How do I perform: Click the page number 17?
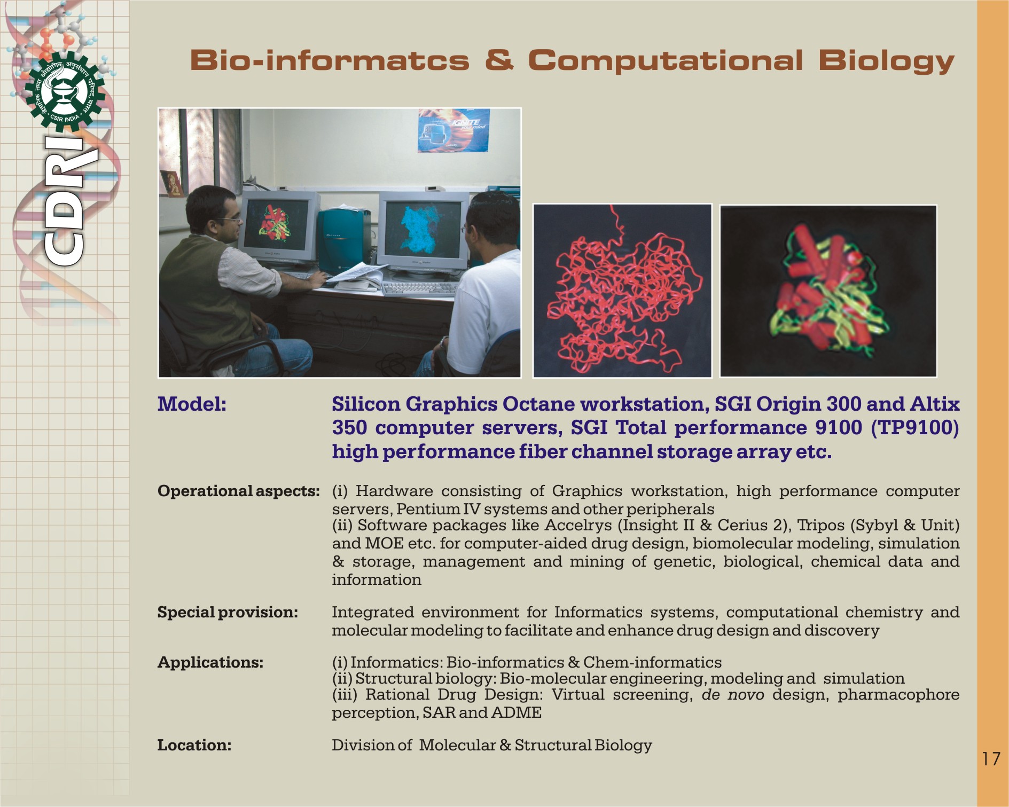coord(991,759)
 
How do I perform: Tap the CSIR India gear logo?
coord(65,92)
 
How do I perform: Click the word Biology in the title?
coord(886,61)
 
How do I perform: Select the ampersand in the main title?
coord(499,59)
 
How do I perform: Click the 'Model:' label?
coord(192,404)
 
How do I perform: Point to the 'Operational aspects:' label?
coord(239,491)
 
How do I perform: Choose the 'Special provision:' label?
coord(228,612)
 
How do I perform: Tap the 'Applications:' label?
coord(210,662)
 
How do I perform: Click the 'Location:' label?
coord(194,745)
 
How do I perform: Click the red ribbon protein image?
coord(622,291)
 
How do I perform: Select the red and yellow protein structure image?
coord(828,291)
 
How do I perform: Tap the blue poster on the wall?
coord(453,130)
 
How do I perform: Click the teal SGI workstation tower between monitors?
coord(343,240)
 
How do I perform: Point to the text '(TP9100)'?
coord(915,428)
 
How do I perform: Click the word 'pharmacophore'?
coord(898,695)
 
